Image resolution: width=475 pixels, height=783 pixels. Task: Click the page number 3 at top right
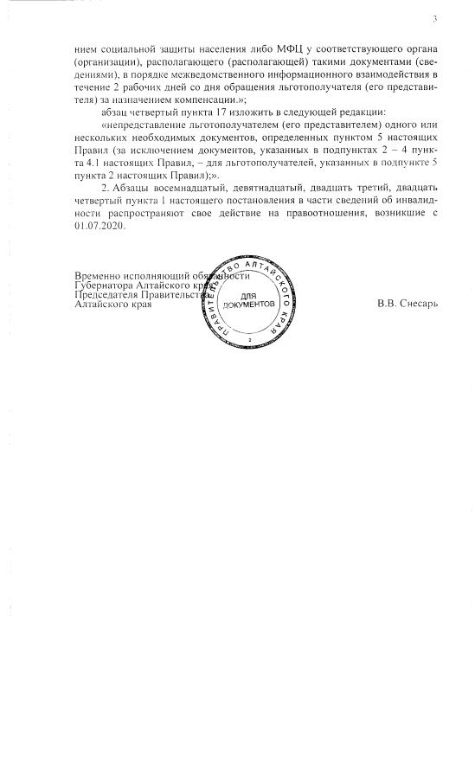pyautogui.click(x=434, y=19)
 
